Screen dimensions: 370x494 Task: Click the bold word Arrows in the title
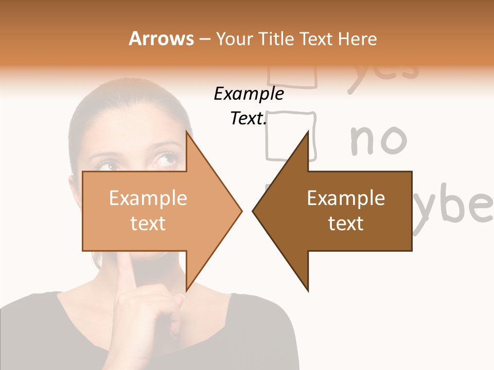161,39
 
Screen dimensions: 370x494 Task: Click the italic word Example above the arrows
249,94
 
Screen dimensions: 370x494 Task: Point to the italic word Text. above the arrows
249,118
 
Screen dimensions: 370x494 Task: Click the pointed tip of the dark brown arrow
254,210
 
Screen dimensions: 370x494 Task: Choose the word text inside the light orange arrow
148,224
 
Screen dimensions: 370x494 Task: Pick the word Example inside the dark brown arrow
346,198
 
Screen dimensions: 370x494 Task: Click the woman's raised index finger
126,272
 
